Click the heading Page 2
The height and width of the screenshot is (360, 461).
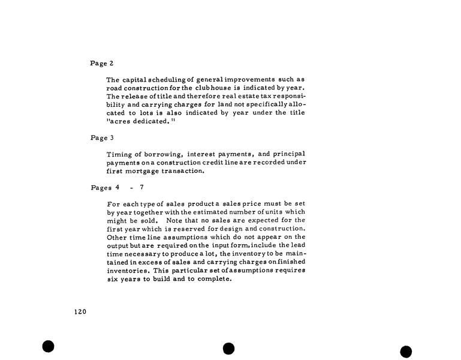101,63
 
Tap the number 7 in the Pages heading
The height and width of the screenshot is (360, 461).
141,187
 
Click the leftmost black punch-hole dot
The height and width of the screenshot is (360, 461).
49,346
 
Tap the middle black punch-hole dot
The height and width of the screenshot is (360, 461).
228,349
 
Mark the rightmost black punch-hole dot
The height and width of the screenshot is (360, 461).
406,352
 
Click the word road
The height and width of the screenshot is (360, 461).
114,88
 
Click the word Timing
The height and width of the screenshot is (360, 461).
119,154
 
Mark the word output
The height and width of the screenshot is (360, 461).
117,245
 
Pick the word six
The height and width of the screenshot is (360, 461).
113,278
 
